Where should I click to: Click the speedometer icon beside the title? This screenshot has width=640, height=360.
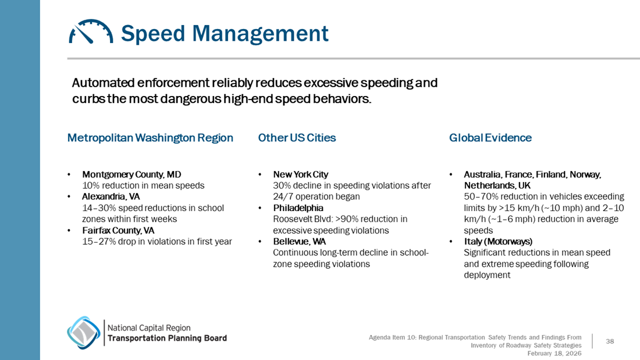click(x=91, y=32)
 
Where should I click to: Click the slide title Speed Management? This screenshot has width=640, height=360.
click(x=225, y=33)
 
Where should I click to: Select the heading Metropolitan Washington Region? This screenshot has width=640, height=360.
click(x=150, y=138)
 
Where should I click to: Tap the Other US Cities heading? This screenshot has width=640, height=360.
click(x=297, y=138)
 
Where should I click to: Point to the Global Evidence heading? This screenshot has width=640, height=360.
click(x=490, y=138)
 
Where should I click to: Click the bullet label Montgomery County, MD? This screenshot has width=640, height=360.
click(x=131, y=174)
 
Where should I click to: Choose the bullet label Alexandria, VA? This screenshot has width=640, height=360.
click(x=111, y=197)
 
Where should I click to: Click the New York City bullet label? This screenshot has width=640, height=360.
click(x=300, y=174)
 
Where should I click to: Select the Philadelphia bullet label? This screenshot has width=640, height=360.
click(x=298, y=208)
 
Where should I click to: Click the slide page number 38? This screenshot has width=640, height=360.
click(x=610, y=341)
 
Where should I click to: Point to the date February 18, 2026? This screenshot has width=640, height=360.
click(x=554, y=353)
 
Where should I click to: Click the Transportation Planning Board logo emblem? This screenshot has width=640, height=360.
click(x=83, y=333)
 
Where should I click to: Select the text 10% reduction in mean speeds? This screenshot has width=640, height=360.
click(x=143, y=186)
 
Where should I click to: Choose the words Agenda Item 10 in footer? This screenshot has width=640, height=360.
click(x=393, y=337)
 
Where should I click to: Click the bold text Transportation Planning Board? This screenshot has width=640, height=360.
click(x=168, y=338)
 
